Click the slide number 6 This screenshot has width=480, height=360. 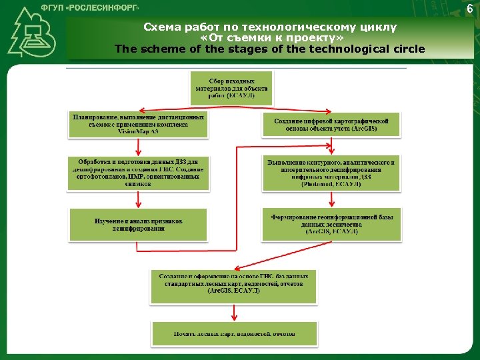click(470, 8)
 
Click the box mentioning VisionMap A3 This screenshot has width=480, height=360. click(138, 124)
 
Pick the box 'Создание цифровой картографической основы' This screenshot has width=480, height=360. click(331, 123)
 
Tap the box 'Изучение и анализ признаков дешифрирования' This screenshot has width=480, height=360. click(138, 225)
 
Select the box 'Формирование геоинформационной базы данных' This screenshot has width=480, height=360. click(331, 224)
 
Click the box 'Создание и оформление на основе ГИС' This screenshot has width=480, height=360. click(233, 283)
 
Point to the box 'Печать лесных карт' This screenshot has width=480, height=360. click(233, 333)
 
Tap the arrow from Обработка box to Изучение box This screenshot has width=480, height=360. click(138, 199)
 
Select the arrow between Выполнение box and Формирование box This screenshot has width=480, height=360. click(331, 199)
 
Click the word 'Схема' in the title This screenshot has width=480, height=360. click(161, 27)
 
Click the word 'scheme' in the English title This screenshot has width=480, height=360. click(159, 49)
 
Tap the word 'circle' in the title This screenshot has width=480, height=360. click(401, 49)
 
